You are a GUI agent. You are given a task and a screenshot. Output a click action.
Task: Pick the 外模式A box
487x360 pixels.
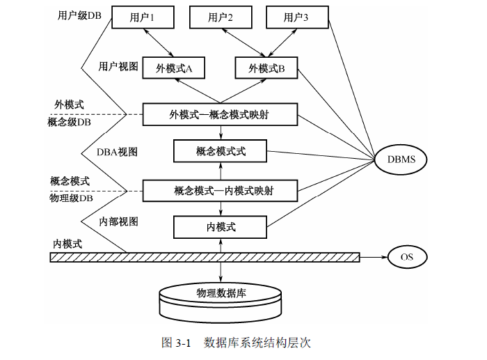point(174,68)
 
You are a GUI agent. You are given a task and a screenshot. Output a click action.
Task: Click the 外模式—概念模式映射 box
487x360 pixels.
point(220,114)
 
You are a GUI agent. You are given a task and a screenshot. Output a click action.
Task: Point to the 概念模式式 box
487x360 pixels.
point(221,150)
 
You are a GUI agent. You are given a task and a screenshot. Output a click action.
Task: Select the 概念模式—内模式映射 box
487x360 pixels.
point(220,189)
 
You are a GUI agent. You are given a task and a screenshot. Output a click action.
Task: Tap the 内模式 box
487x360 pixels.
point(221,227)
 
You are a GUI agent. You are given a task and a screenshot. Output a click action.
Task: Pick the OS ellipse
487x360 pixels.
point(407,256)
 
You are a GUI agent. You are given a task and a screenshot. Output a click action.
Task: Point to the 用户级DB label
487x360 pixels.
point(80,15)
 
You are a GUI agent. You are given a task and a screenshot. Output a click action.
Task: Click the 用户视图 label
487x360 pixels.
point(118,67)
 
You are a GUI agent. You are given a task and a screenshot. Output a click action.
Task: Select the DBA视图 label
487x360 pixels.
point(118,151)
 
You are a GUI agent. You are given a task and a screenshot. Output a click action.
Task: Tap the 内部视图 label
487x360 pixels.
point(118,222)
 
